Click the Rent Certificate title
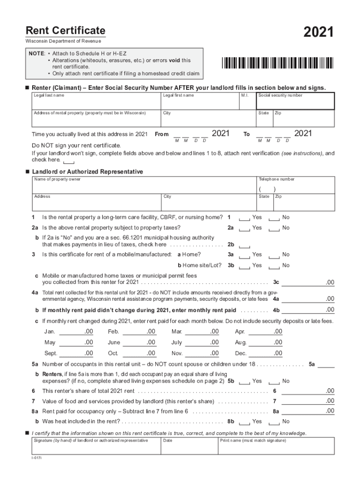[x=65, y=31]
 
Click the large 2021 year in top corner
[x=318, y=32]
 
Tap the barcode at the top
[x=278, y=63]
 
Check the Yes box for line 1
[x=244, y=218]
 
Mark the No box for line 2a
[x=274, y=228]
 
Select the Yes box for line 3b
[x=244, y=266]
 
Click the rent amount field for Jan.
[x=77, y=332]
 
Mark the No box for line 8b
[x=274, y=422]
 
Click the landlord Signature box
[x=96, y=447]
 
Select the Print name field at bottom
[x=276, y=447]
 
